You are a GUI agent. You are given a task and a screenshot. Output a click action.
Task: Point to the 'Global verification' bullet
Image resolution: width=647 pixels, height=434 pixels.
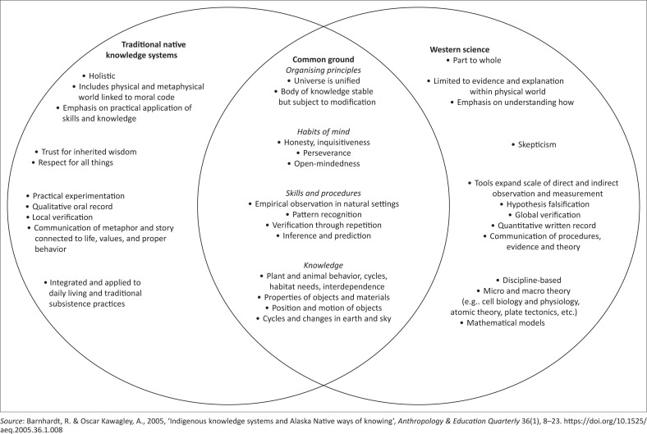[x=521, y=213]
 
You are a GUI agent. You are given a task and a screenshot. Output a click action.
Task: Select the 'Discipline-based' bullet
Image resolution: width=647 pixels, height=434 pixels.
[x=525, y=280]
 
